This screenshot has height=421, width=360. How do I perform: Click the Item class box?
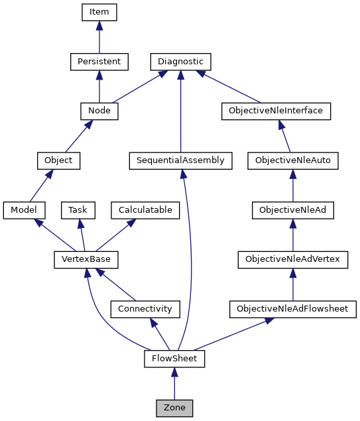tap(99, 12)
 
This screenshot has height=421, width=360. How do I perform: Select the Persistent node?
tap(99, 62)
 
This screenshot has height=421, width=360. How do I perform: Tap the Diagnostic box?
tap(180, 62)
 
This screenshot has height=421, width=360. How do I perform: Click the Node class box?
tap(99, 111)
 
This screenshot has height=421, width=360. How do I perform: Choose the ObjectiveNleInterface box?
tap(275, 111)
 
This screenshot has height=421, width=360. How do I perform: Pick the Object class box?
tap(58, 160)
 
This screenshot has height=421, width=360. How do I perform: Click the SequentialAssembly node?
tap(180, 160)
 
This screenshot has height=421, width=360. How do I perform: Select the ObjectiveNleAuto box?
tap(292, 160)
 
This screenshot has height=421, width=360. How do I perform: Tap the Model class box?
tap(24, 210)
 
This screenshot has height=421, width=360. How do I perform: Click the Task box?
tap(78, 210)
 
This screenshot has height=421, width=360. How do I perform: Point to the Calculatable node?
tap(145, 210)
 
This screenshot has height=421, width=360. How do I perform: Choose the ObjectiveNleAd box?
tap(292, 210)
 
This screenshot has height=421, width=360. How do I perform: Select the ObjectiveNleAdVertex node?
tap(292, 259)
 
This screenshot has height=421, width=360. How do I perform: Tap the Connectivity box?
tap(145, 309)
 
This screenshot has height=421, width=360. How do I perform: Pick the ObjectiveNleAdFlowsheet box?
tap(292, 309)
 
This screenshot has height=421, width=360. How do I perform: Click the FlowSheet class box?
tap(174, 359)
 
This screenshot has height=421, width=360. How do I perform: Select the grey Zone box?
tap(174, 408)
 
